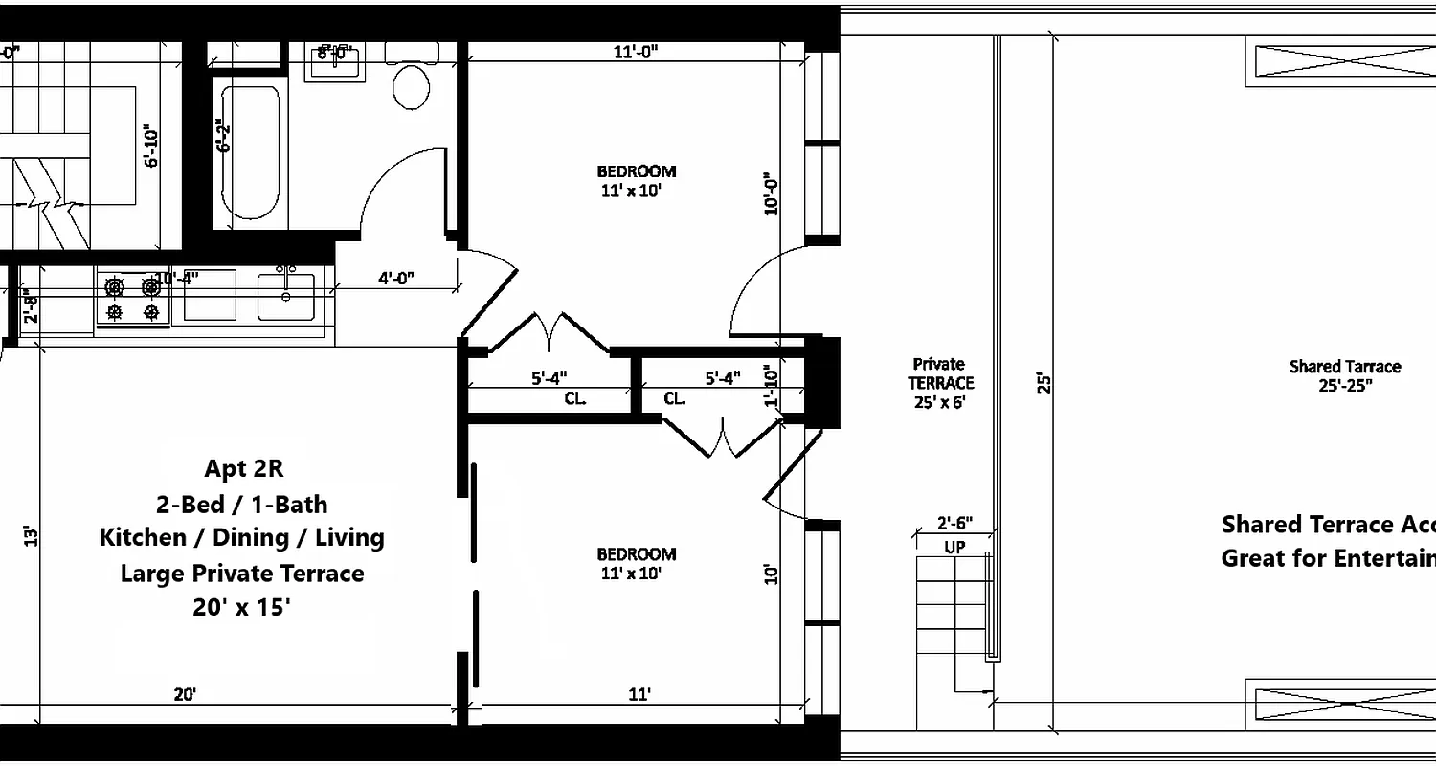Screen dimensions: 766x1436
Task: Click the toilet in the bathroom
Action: (411, 86)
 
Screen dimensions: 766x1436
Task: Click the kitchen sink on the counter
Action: (285, 296)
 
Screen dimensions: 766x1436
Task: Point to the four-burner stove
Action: (132, 299)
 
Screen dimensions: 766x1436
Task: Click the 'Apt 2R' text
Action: (243, 468)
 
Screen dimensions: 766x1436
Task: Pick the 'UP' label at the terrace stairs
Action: (954, 548)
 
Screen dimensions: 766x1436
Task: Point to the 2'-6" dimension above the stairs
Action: (954, 523)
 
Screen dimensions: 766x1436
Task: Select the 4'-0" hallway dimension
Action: (395, 279)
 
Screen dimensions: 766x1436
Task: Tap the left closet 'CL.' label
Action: (574, 398)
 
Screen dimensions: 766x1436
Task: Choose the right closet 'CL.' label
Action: (675, 398)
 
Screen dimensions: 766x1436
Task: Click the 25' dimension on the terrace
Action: (1043, 383)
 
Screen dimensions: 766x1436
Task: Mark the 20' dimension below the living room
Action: (186, 694)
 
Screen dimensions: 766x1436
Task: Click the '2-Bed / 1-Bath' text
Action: (242, 504)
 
